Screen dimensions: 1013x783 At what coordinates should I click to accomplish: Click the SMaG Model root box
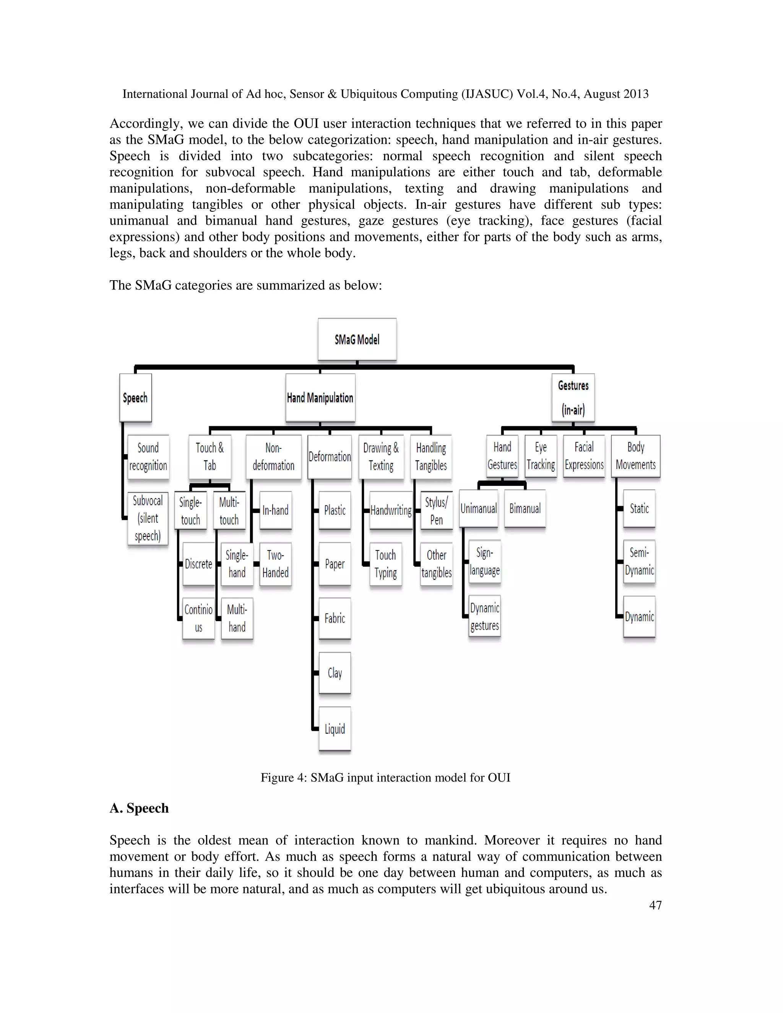pyautogui.click(x=357, y=339)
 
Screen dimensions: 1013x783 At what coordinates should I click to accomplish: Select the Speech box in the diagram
pyautogui.click(x=135, y=398)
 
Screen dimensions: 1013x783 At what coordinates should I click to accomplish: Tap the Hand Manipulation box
pyautogui.click(x=320, y=398)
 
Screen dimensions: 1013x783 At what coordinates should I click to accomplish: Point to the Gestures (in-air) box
pyautogui.click(x=573, y=398)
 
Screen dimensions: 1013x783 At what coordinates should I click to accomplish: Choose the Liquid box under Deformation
pyautogui.click(x=335, y=729)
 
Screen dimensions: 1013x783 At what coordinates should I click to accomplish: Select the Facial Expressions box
pyautogui.click(x=584, y=456)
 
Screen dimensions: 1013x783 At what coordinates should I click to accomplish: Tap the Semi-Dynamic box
pyautogui.click(x=639, y=561)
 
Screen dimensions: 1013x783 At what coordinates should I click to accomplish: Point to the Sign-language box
pyautogui.click(x=484, y=561)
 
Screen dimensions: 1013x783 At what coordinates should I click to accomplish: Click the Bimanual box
pyautogui.click(x=525, y=508)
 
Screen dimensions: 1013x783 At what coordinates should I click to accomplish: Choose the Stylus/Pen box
pyautogui.click(x=436, y=510)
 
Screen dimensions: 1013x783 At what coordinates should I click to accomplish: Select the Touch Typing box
pyautogui.click(x=385, y=563)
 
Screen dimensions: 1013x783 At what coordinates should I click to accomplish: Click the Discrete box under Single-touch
pyautogui.click(x=198, y=563)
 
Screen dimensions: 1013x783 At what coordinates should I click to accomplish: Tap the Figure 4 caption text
pyautogui.click(x=385, y=778)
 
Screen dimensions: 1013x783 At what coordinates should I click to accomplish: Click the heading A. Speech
pyautogui.click(x=139, y=808)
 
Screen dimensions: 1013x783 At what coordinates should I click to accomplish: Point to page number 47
pyautogui.click(x=655, y=905)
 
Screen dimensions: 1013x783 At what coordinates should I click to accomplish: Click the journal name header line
pyautogui.click(x=385, y=94)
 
